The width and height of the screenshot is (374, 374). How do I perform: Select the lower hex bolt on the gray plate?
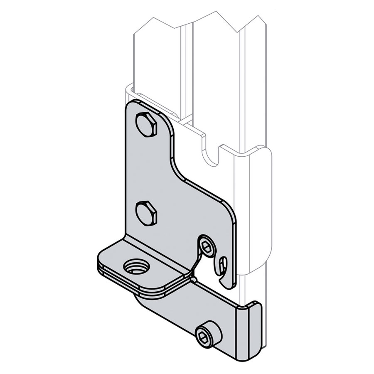pos(147,214)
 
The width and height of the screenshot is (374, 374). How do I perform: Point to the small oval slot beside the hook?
pos(224,263)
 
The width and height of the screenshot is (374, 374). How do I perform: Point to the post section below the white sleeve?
pos(249,287)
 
